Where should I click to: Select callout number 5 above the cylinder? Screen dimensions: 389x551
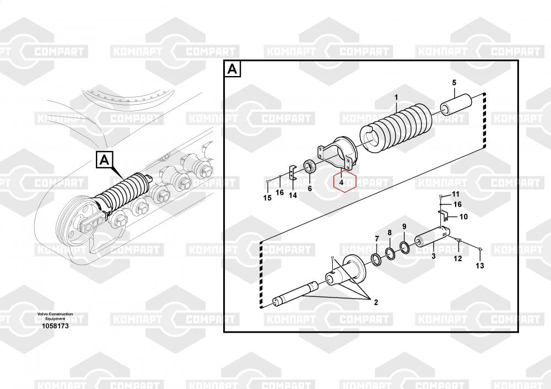[455, 83]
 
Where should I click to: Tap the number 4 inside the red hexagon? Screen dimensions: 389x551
[341, 182]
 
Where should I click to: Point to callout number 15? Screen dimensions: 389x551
[267, 198]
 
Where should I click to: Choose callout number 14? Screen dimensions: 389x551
[293, 195]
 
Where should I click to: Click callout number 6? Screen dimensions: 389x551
[310, 188]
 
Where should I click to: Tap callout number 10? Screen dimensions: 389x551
[463, 217]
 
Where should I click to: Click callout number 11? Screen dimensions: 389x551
[456, 194]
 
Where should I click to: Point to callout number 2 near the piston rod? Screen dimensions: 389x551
[376, 302]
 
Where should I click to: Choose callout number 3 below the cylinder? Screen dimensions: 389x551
[433, 256]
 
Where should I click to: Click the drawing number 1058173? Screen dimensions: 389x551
[55, 326]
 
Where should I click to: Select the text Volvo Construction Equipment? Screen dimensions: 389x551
[55, 316]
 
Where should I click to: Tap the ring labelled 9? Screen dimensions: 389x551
[404, 246]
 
